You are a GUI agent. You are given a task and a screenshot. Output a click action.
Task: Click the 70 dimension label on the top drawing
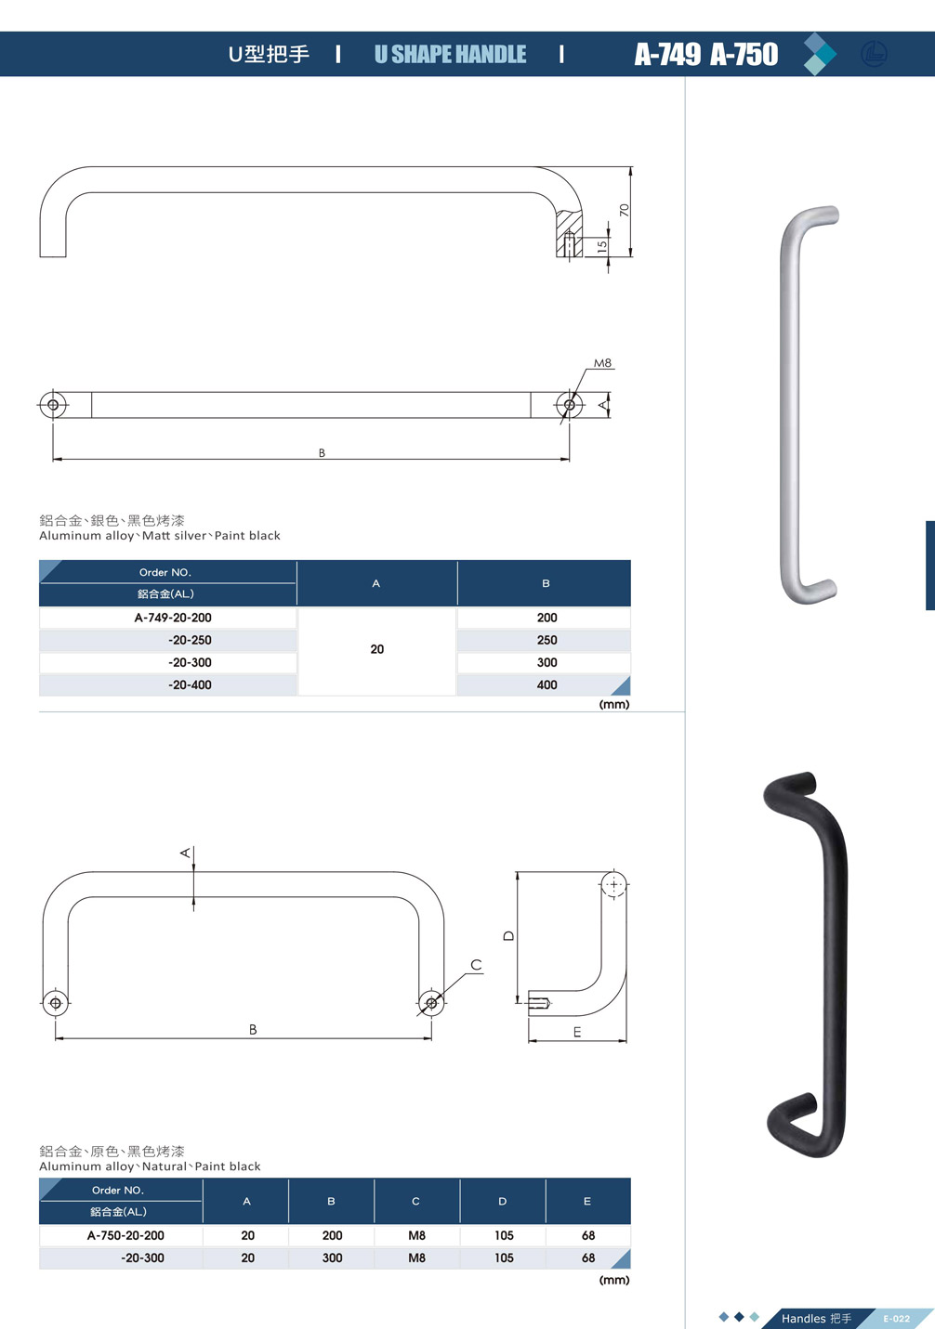(624, 210)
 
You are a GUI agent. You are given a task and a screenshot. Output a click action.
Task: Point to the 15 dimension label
(602, 245)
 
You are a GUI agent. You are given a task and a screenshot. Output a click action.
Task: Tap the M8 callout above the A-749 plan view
(602, 363)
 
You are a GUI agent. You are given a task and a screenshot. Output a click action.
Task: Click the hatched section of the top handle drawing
(569, 233)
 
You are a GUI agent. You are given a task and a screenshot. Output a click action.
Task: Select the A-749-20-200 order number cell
(173, 618)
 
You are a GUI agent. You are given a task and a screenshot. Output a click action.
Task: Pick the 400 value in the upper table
(547, 684)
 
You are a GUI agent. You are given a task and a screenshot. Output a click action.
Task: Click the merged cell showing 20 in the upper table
(377, 650)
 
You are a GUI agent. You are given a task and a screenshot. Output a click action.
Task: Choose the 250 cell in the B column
(547, 640)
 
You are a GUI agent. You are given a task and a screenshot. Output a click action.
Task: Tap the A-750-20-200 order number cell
(125, 1235)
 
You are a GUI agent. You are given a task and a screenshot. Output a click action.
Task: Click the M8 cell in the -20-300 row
(416, 1257)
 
